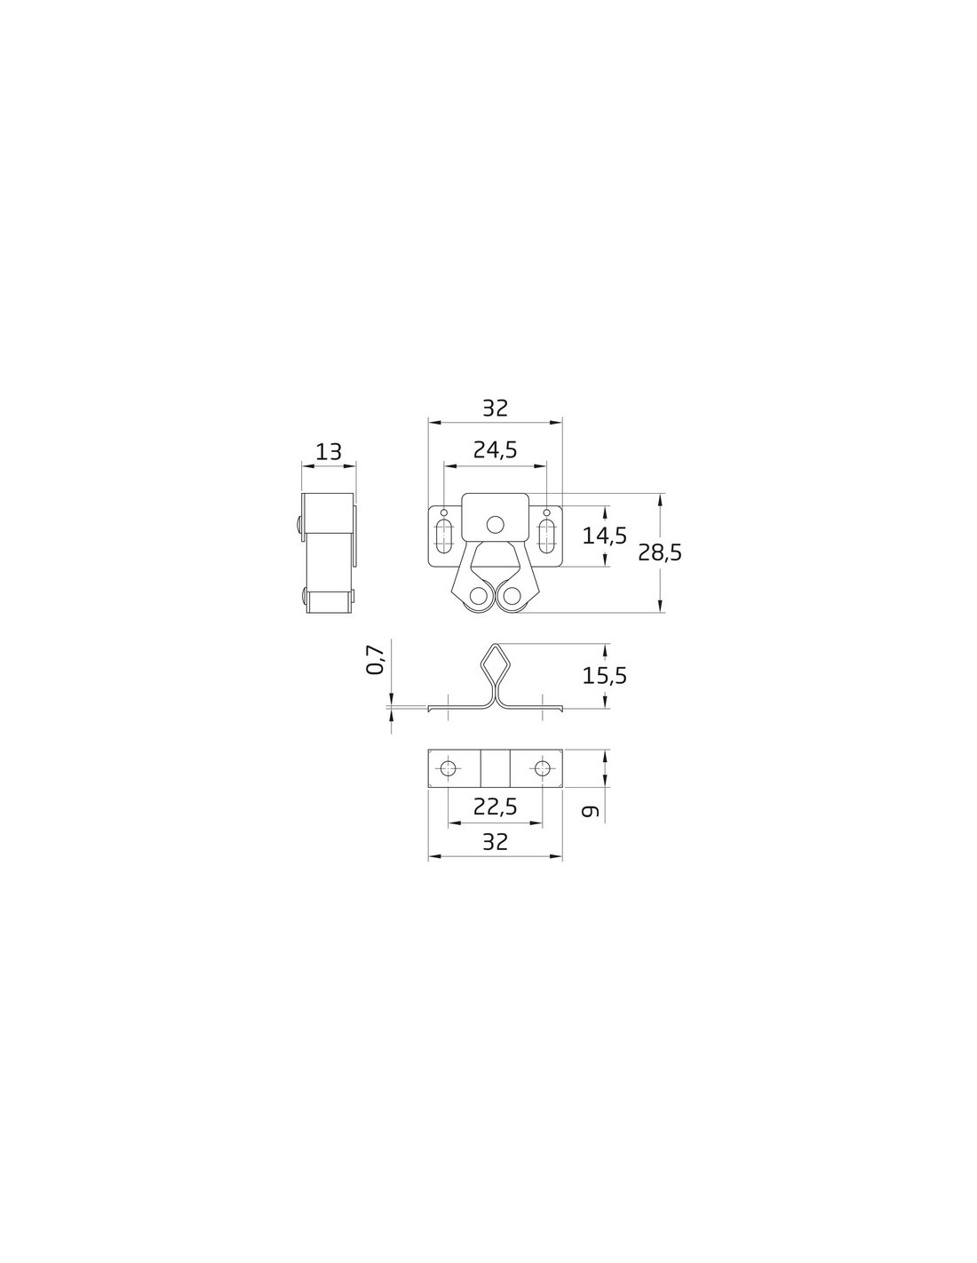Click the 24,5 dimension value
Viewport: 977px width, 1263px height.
point(495,450)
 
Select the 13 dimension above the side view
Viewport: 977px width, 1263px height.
point(329,451)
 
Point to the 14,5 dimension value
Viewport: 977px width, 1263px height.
point(605,536)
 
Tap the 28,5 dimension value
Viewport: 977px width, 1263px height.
point(660,552)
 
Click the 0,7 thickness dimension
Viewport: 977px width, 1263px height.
point(376,660)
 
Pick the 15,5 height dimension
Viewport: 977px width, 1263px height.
point(605,675)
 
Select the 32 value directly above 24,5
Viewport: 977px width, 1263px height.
point(496,408)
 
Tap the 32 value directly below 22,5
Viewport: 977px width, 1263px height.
point(496,841)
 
